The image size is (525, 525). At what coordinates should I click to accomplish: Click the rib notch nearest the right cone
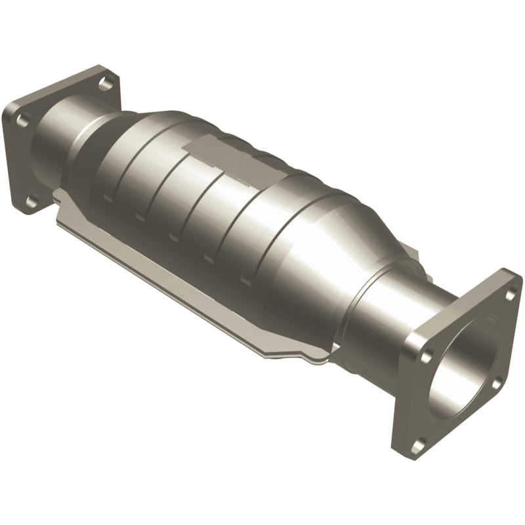(x=245, y=280)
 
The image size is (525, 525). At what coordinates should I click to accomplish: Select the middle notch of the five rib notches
(x=174, y=237)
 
